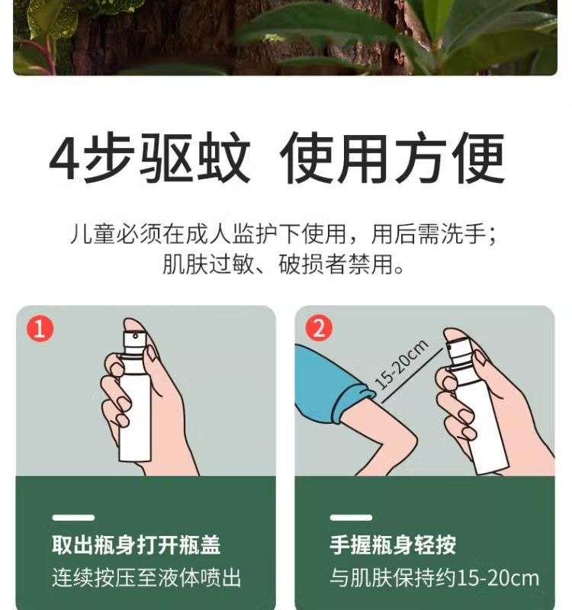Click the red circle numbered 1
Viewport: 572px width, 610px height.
[x=40, y=329]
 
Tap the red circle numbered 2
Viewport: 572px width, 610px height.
[x=319, y=328]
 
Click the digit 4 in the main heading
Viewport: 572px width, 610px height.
[x=65, y=157]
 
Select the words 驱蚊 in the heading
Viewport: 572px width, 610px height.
[x=194, y=157]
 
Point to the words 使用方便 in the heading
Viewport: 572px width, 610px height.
[x=392, y=157]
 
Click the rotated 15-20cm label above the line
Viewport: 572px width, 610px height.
[x=402, y=364]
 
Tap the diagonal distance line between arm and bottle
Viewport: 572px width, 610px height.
[x=412, y=375]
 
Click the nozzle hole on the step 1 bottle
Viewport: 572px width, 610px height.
[x=136, y=335]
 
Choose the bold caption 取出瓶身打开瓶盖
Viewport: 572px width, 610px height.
[x=137, y=544]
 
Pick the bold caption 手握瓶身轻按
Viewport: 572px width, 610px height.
[x=393, y=544]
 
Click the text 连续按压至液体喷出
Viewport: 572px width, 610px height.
[x=146, y=578]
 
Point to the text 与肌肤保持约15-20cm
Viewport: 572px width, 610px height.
[x=434, y=578]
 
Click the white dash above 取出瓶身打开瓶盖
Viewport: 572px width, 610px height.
[x=73, y=518]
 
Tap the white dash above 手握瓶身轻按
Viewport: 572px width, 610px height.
[x=351, y=518]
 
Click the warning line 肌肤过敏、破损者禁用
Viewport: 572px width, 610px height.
[x=283, y=265]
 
